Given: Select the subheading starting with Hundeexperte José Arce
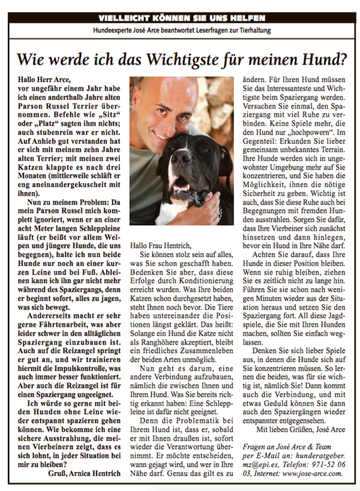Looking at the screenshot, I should [x=179, y=30].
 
